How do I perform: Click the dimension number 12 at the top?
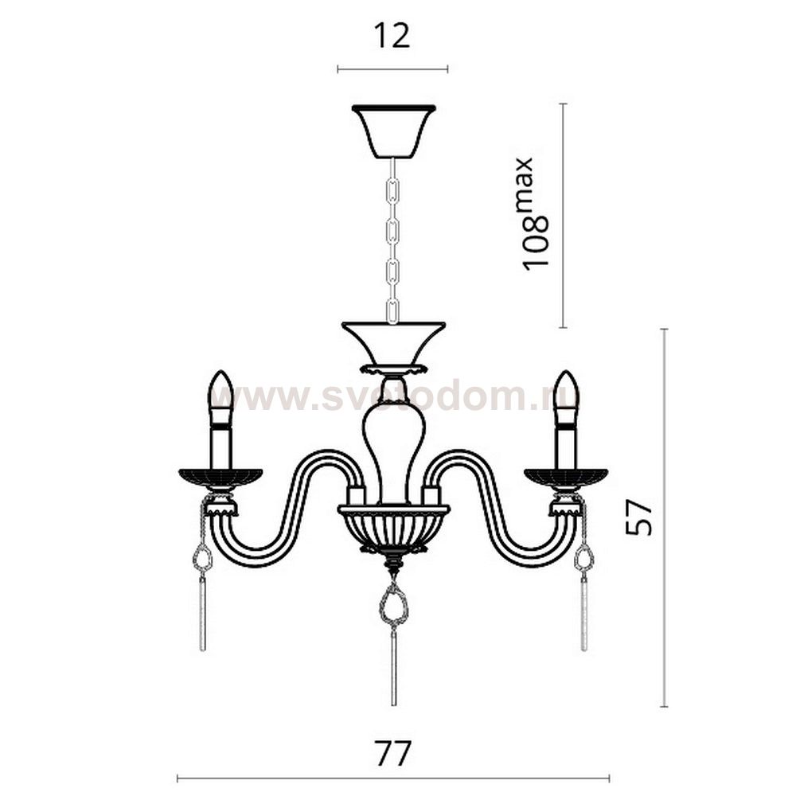coord(392,36)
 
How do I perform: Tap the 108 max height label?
coord(536,213)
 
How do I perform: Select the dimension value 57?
coord(638,517)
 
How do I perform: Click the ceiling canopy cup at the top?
coord(394,131)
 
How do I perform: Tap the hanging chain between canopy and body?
coord(392,240)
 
